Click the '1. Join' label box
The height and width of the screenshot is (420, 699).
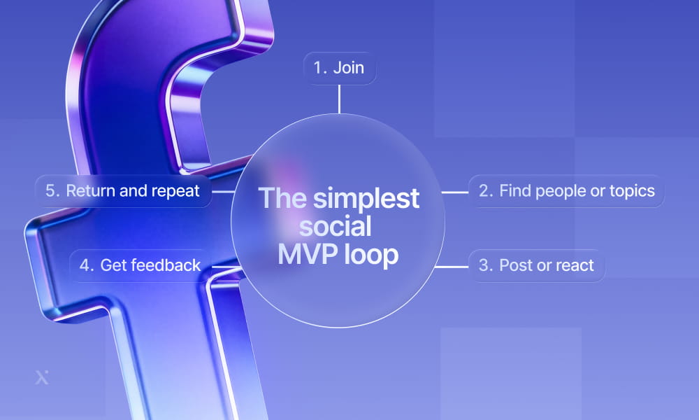pos(339,69)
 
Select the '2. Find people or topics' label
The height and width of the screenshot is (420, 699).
pos(566,191)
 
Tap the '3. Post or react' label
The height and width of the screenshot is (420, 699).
pos(536,266)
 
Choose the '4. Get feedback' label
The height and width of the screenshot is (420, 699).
pos(139,265)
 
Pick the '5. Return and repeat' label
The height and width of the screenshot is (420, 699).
pos(122,191)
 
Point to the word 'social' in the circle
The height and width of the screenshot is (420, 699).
pos(339,227)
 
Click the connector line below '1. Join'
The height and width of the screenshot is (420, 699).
pos(339,99)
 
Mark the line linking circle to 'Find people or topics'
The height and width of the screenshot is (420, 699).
pos(455,191)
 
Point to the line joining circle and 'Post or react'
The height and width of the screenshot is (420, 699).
pos(451,266)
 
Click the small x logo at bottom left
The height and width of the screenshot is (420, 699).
pos(41,378)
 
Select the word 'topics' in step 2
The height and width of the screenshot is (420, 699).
pos(633,191)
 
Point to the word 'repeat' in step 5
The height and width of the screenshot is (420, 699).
pos(178,191)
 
